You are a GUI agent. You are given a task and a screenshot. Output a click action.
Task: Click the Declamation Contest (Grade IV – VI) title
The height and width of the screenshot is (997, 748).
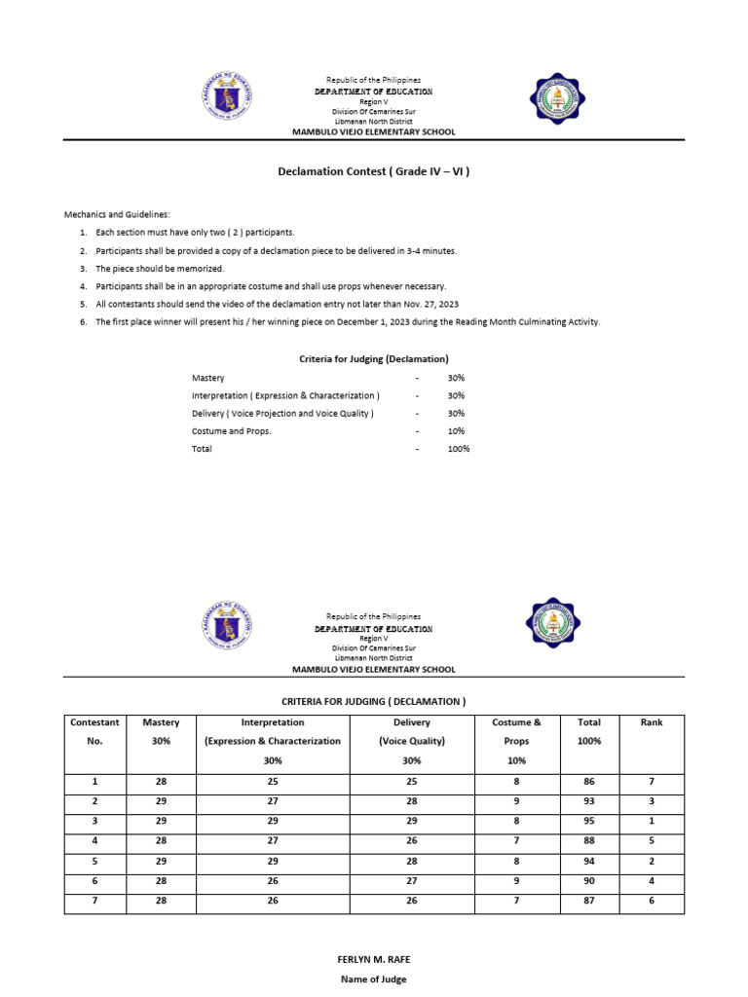pos(374,171)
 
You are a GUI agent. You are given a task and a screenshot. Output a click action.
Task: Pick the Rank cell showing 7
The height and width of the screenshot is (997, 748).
pos(651,781)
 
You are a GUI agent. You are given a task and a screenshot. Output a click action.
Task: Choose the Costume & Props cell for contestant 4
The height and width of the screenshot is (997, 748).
pos(516,842)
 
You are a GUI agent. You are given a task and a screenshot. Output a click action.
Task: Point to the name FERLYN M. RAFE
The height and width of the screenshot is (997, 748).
pos(374,960)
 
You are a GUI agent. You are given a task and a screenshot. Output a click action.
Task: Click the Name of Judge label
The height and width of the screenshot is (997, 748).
pos(374,979)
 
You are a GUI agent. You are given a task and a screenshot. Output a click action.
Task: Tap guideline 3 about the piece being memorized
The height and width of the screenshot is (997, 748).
pos(159,269)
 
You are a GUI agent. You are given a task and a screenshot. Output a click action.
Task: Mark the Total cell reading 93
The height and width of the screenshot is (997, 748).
pos(588,801)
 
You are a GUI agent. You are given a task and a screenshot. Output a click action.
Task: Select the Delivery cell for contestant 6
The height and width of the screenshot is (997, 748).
pos(412,881)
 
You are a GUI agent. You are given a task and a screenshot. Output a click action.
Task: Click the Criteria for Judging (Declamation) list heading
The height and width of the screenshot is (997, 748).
pos(373,359)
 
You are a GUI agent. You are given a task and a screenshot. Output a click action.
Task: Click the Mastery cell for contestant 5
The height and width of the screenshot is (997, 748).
pos(161,862)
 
